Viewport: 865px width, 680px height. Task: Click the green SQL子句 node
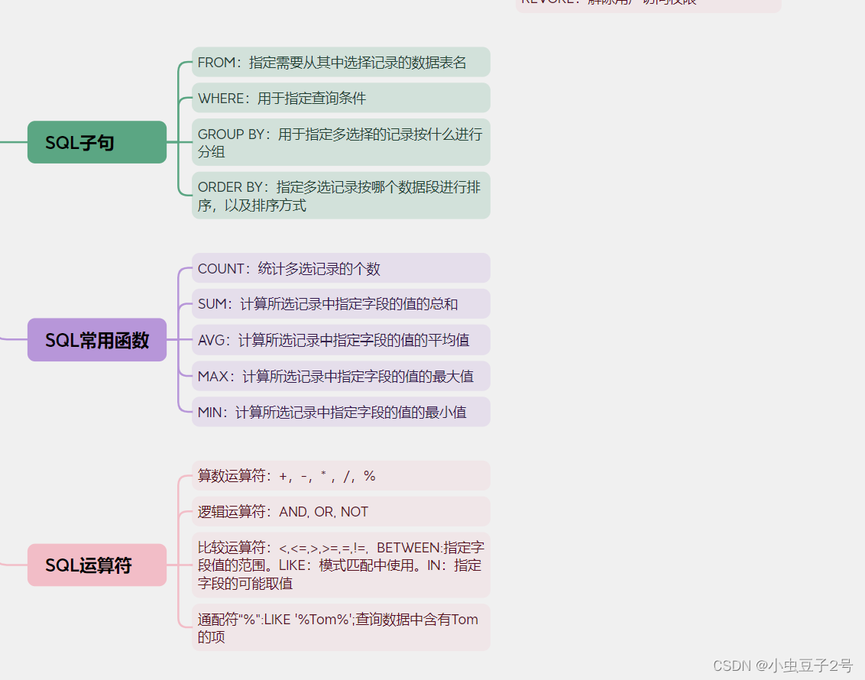[97, 142]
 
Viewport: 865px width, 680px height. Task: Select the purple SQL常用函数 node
[97, 340]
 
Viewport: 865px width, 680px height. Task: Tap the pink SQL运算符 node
[97, 565]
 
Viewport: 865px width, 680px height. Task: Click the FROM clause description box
[341, 62]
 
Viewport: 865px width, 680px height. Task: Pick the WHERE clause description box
[341, 98]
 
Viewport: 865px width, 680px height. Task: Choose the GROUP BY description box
[341, 142]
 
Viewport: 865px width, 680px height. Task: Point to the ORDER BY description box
[341, 196]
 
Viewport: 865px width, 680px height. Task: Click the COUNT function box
[341, 268]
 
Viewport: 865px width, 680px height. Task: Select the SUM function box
[341, 304]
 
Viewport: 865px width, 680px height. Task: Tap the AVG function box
[341, 340]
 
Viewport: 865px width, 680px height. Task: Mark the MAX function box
[341, 376]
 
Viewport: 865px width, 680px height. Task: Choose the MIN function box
[341, 412]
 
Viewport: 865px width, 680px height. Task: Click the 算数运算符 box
[341, 476]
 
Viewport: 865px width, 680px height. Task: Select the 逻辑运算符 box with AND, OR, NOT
[341, 512]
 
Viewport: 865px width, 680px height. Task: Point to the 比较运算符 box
[341, 565]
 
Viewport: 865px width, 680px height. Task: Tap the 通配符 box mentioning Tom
[341, 627]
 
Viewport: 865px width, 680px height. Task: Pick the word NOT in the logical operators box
[355, 512]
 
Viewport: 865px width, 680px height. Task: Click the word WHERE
[221, 99]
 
